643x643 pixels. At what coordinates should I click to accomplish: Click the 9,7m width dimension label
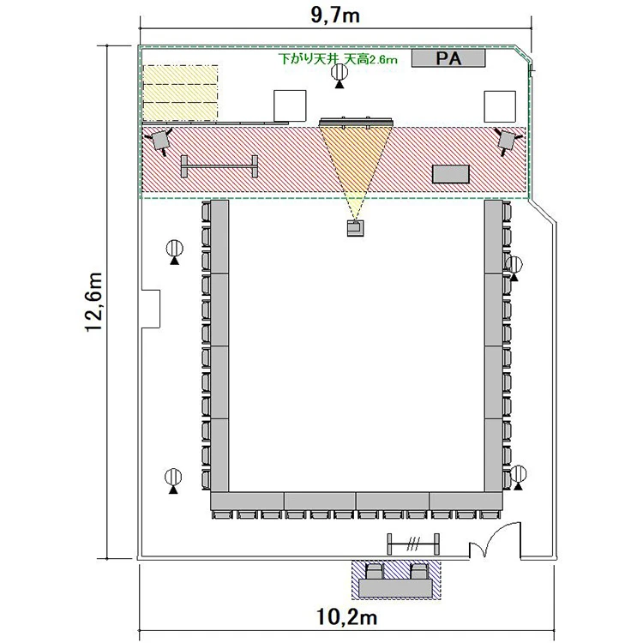pyautogui.click(x=335, y=15)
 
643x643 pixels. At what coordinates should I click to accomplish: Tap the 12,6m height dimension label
pyautogui.click(x=93, y=302)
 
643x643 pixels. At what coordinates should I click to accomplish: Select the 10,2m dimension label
pyautogui.click(x=347, y=616)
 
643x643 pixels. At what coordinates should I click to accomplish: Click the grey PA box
pyautogui.click(x=448, y=58)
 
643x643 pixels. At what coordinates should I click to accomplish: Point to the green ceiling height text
pyautogui.click(x=338, y=59)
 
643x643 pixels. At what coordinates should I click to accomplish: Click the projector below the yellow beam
pyautogui.click(x=356, y=228)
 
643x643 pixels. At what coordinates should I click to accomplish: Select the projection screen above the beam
pyautogui.click(x=356, y=122)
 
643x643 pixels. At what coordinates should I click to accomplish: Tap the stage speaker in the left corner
pyautogui.click(x=160, y=141)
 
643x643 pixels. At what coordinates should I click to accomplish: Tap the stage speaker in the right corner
pyautogui.click(x=507, y=141)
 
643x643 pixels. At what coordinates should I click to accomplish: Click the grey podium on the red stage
pyautogui.click(x=451, y=174)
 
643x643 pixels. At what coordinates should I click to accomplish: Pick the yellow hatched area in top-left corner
pyautogui.click(x=180, y=93)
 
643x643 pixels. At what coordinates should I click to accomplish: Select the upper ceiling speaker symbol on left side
pyautogui.click(x=175, y=252)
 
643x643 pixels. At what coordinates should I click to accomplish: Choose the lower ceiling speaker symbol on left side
pyautogui.click(x=173, y=481)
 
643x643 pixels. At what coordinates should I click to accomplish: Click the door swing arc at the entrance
pyautogui.click(x=500, y=533)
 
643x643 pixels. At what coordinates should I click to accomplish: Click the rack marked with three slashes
pyautogui.click(x=413, y=544)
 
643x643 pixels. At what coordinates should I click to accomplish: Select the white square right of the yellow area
pyautogui.click(x=290, y=105)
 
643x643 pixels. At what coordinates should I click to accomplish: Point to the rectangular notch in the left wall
pyautogui.click(x=151, y=309)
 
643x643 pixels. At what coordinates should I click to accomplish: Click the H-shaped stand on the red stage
pyautogui.click(x=219, y=166)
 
